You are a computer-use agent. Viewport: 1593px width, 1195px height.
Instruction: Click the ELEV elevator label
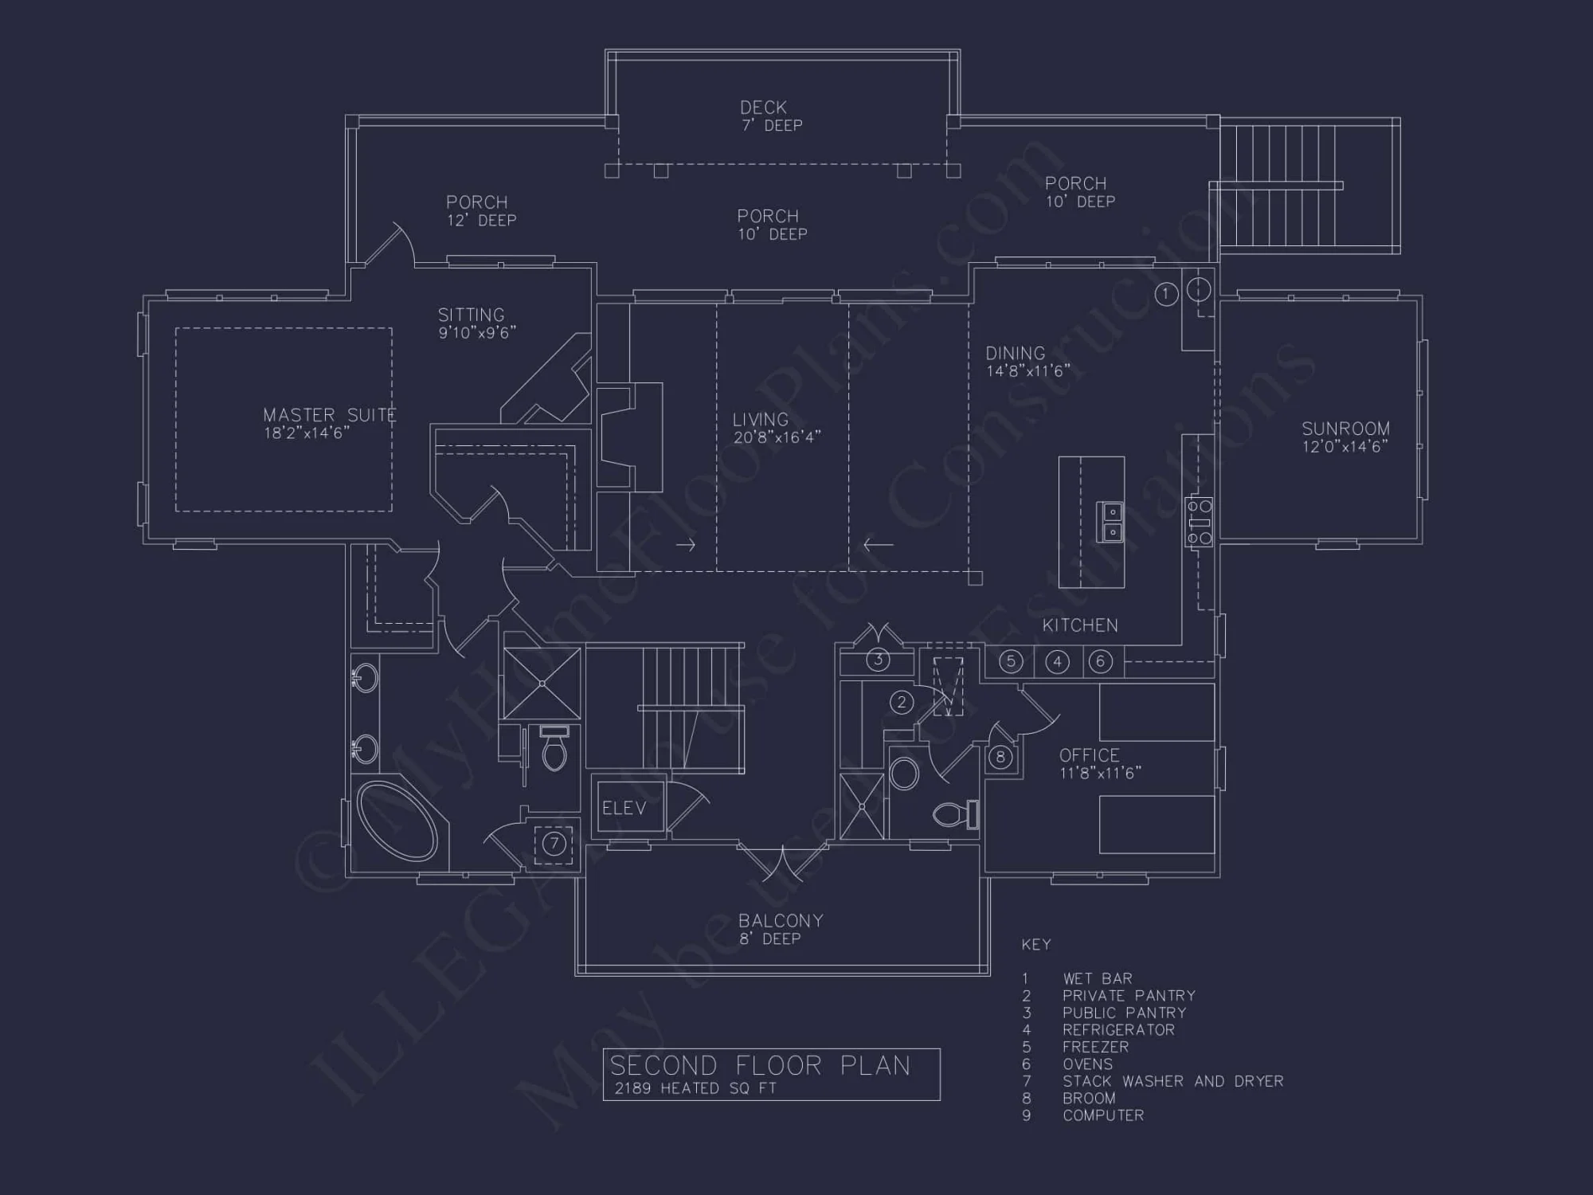tap(624, 809)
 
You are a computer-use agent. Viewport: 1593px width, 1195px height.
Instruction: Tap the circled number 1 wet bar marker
tap(1165, 294)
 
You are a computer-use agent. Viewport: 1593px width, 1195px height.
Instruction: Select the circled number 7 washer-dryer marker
tap(554, 843)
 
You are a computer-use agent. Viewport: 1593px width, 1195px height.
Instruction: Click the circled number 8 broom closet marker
tap(1000, 757)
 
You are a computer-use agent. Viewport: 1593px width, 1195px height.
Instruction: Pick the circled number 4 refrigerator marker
tap(1057, 662)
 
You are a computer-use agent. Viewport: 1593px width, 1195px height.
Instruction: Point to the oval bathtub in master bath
tap(397, 821)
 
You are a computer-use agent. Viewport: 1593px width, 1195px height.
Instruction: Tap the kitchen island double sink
tap(1111, 522)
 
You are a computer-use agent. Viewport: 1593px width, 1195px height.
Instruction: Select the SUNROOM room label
tap(1345, 429)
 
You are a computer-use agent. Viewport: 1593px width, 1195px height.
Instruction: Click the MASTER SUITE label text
tap(329, 415)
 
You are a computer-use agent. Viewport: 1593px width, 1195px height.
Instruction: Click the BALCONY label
tap(781, 921)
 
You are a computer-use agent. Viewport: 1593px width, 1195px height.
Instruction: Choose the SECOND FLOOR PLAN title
tap(760, 1065)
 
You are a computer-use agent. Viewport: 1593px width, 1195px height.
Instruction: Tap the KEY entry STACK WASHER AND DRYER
tap(1172, 1081)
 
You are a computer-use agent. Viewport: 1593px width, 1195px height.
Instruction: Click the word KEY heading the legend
tap(1036, 945)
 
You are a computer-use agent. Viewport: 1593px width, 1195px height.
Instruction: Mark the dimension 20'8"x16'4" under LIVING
tap(777, 437)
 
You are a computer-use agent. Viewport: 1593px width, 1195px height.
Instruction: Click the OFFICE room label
tap(1089, 755)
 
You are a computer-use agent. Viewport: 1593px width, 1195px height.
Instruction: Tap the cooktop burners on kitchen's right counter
tap(1199, 522)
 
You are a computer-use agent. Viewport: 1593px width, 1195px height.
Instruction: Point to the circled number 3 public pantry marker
tap(878, 660)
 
